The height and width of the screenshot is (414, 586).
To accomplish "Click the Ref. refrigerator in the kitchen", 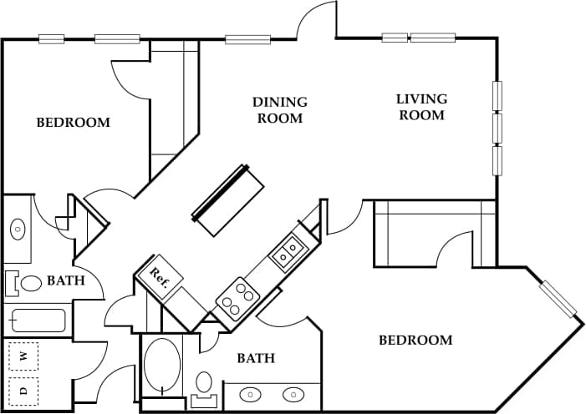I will point(161,278).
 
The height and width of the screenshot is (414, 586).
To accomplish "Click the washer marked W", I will point(23,356).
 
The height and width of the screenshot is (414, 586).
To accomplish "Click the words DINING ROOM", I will point(279,109).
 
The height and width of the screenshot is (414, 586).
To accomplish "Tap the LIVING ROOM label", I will point(421,106).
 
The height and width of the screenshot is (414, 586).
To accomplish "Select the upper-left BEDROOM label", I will point(73,123).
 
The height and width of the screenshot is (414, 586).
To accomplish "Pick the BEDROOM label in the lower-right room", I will point(415,340).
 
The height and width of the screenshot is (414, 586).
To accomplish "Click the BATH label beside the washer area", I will point(65,280).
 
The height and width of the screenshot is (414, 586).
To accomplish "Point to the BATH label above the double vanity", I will point(256,358).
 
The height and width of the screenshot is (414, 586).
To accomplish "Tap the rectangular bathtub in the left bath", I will point(37,320).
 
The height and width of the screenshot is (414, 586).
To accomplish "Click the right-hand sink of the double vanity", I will point(293,395).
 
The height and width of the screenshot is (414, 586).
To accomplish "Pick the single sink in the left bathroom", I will point(17,227).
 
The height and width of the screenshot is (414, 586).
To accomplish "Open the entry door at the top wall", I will point(318,21).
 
